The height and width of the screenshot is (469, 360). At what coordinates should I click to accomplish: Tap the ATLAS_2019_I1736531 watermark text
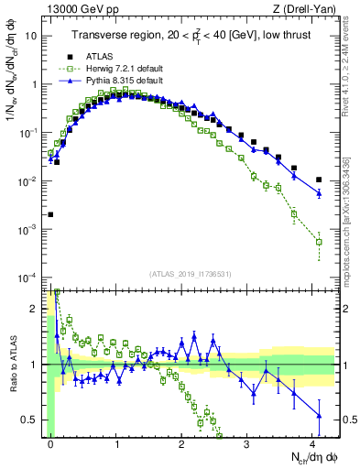coord(192,274)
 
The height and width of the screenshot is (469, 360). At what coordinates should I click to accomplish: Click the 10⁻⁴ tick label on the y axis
coord(28,278)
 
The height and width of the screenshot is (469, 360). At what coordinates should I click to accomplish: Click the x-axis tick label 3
coord(247,442)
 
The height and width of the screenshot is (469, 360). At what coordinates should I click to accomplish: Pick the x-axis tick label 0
coord(50,442)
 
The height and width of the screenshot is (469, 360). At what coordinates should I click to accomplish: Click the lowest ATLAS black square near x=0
coord(50,214)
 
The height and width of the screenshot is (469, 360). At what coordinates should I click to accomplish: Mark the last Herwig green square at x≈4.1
coord(319,242)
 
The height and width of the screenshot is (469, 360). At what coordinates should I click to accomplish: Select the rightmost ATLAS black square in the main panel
coord(319,180)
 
